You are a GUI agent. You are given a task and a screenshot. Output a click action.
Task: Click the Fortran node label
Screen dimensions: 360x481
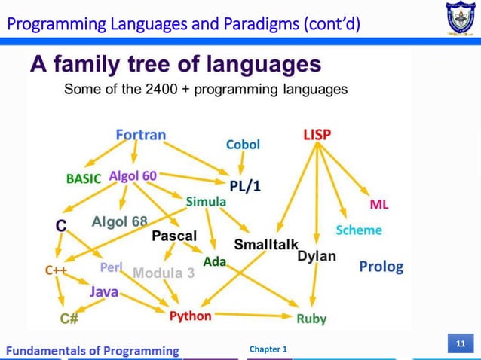pyautogui.click(x=141, y=135)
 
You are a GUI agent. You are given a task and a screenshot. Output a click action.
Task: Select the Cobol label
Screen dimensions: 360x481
pyautogui.click(x=243, y=144)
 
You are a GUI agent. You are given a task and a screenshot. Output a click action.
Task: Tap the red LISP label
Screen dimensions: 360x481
pyautogui.click(x=317, y=135)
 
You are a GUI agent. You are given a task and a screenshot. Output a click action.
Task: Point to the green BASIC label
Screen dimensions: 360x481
pyautogui.click(x=84, y=179)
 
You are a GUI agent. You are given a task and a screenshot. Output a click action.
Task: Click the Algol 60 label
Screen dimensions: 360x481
pyautogui.click(x=133, y=175)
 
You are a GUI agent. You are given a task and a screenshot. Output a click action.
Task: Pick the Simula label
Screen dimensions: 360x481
pyautogui.click(x=206, y=202)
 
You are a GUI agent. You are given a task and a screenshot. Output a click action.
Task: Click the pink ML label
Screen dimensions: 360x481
pyautogui.click(x=378, y=205)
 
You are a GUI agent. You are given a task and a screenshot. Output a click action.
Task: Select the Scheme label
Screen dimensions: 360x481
pyautogui.click(x=359, y=230)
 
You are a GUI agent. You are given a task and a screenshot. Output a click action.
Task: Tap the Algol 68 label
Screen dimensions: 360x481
pyautogui.click(x=119, y=222)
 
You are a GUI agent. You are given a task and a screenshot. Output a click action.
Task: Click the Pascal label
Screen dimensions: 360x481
pyautogui.click(x=174, y=236)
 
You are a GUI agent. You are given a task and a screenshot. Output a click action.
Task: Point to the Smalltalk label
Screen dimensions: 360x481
pyautogui.click(x=266, y=245)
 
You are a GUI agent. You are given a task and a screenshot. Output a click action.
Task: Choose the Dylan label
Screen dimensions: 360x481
pyautogui.click(x=317, y=256)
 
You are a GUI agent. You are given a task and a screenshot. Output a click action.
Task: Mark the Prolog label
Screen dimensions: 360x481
pyautogui.click(x=381, y=267)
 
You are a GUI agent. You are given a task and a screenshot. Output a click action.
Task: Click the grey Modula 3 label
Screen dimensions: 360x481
pyautogui.click(x=164, y=273)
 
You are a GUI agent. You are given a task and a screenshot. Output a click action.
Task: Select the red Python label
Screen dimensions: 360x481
pyautogui.click(x=190, y=316)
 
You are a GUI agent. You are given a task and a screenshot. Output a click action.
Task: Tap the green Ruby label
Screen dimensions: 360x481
pyautogui.click(x=311, y=319)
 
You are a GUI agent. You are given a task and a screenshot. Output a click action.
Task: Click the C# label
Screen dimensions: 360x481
pyautogui.click(x=69, y=319)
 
